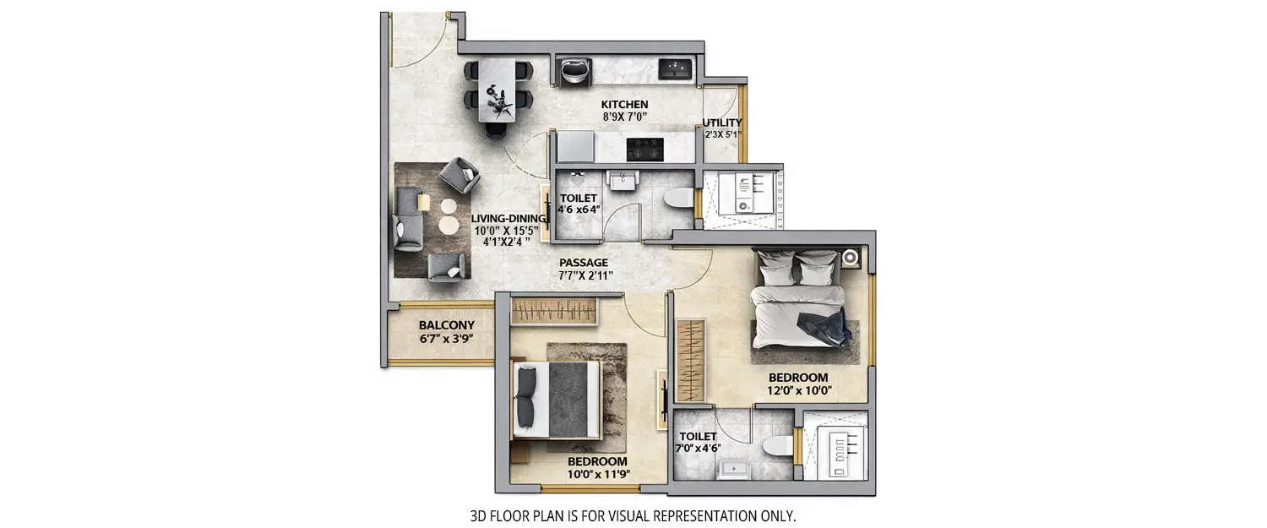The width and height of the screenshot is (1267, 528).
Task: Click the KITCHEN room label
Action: (x=624, y=104)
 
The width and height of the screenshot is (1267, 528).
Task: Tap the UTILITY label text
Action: (x=722, y=122)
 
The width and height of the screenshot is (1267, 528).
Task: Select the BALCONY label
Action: (x=446, y=325)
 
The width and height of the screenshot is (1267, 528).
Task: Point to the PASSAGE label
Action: (x=583, y=263)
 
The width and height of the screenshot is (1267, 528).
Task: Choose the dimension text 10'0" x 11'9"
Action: (x=597, y=475)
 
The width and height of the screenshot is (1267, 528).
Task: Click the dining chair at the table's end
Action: (x=495, y=129)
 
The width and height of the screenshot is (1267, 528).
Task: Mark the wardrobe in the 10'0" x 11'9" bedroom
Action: (x=556, y=311)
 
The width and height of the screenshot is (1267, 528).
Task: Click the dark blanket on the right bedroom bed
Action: (x=822, y=326)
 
